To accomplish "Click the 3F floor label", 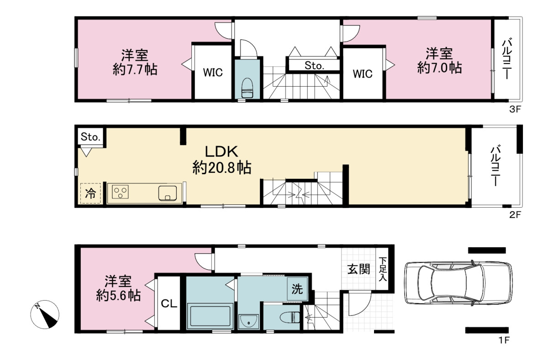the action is [515, 109].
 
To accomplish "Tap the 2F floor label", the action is [515, 215].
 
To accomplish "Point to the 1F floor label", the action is [504, 340].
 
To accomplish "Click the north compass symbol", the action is [45, 314].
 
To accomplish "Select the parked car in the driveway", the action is [458, 283].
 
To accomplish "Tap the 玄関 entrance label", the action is [358, 270].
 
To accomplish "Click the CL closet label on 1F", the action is [169, 304].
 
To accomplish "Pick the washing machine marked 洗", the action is [297, 289].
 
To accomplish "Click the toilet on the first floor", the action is [290, 318].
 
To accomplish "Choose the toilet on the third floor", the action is [247, 88].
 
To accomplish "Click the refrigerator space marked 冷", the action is [90, 193].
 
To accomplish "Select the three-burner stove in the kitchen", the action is [120, 192].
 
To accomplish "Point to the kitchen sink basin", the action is [168, 193].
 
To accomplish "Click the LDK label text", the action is [221, 152].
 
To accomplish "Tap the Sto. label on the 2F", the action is [90, 137].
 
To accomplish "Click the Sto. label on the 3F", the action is [314, 65].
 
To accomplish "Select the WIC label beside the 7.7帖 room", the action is [213, 73].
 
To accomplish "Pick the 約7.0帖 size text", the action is [439, 68].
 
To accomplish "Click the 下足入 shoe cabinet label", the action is [383, 269].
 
